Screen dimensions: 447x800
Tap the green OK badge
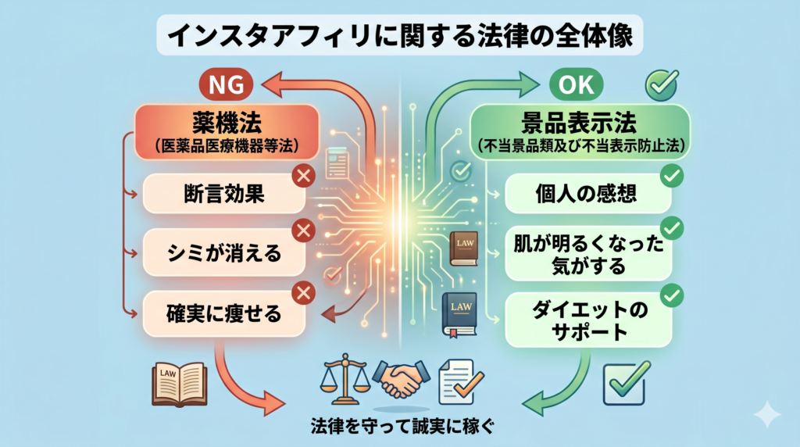579,84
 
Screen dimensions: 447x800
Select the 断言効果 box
223,193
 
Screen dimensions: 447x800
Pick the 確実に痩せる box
223,314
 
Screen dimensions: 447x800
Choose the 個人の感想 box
587,193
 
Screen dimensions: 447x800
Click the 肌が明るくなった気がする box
587,254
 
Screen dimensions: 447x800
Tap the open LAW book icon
179,383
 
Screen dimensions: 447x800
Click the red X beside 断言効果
302,177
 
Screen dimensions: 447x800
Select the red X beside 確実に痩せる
302,293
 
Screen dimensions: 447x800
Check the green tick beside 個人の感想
670,177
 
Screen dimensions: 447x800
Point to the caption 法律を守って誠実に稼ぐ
399,427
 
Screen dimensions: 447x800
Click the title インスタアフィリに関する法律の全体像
399,36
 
